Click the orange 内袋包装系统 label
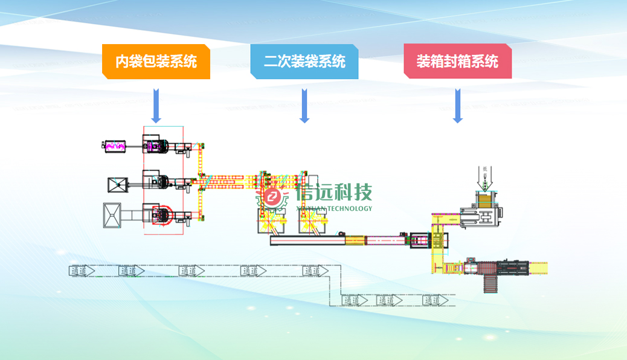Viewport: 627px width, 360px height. point(156,62)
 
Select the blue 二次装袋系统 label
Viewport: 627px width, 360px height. point(304,62)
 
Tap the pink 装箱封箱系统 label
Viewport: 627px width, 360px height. point(457,62)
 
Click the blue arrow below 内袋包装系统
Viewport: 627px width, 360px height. point(156,106)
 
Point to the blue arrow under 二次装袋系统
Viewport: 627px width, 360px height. point(304,106)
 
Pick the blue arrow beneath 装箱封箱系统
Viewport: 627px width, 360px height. point(457,106)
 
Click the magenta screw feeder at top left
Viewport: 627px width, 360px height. point(115,145)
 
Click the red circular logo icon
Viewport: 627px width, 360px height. point(274,197)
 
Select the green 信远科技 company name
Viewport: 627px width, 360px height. point(335,193)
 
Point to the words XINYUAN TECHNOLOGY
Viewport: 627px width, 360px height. point(335,208)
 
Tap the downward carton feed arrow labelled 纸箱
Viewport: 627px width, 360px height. point(486,176)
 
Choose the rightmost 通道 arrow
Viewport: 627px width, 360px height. point(436,300)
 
